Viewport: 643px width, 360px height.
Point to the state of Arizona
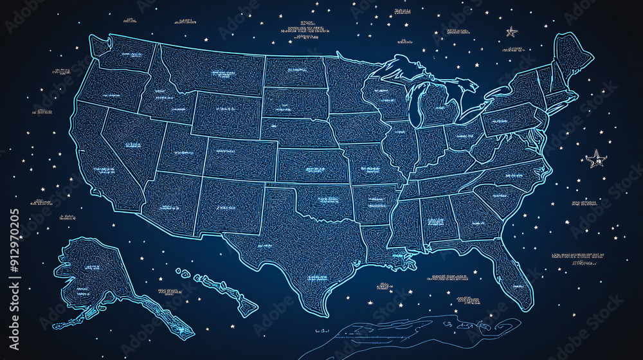click(168, 203)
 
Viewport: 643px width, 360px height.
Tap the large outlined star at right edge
click(595, 158)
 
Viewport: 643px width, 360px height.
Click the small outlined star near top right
click(512, 31)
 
